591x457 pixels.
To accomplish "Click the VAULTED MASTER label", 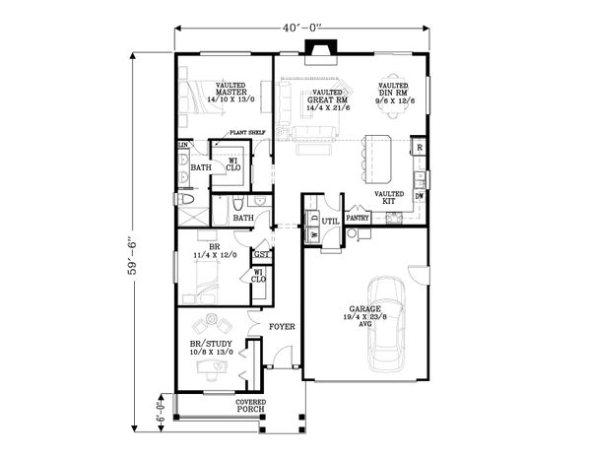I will tap(232, 93).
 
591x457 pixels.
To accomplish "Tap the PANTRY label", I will tap(358, 219).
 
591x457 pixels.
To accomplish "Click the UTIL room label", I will tap(331, 221).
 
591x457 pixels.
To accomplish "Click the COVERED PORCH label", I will tap(249, 406).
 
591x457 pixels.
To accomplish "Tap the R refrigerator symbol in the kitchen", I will tap(419, 148).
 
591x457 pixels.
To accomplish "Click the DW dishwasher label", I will tap(421, 195).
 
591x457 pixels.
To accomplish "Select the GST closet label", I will tap(261, 254).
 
